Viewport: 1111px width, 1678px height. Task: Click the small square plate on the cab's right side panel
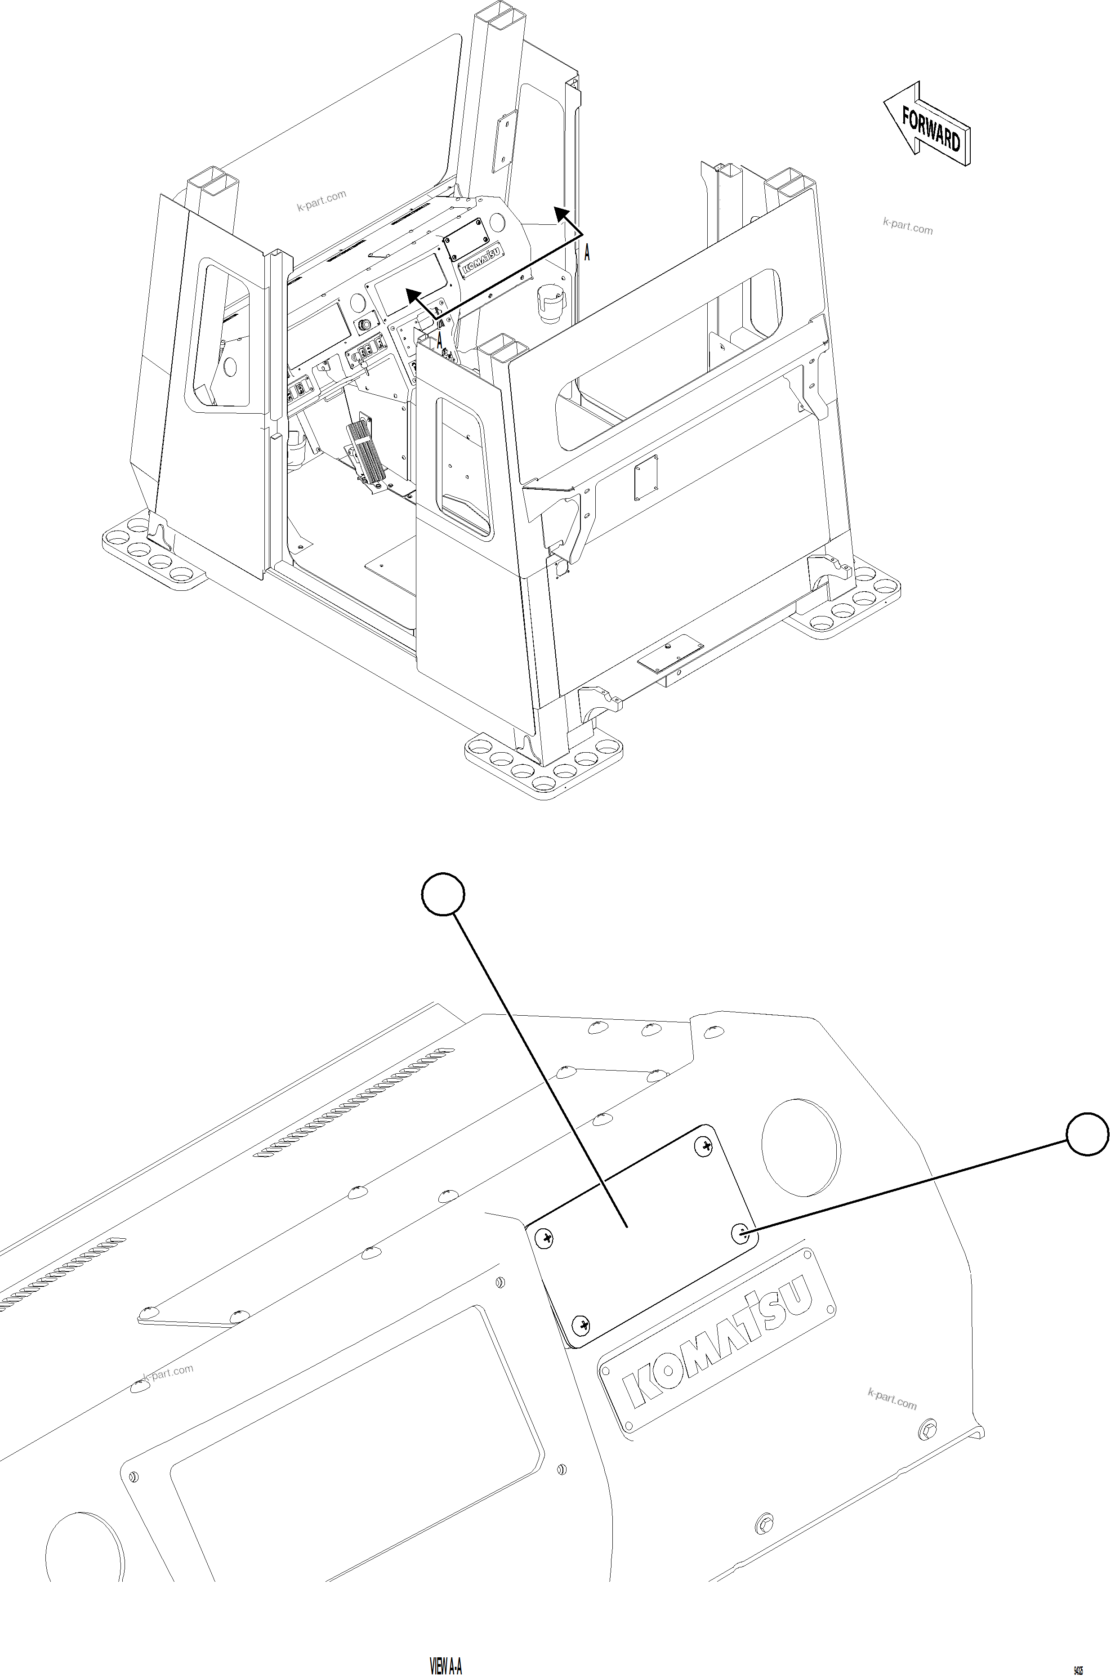[x=646, y=477]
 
